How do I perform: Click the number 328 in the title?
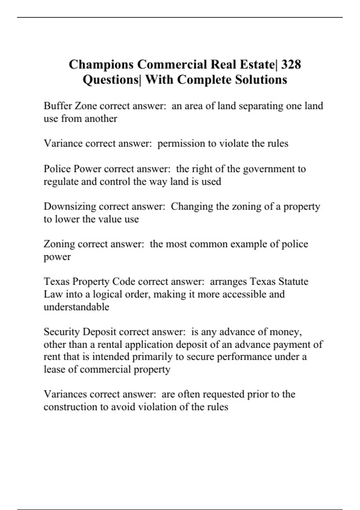[x=291, y=64]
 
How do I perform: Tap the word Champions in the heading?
[x=101, y=64]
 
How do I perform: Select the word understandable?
[x=76, y=307]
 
